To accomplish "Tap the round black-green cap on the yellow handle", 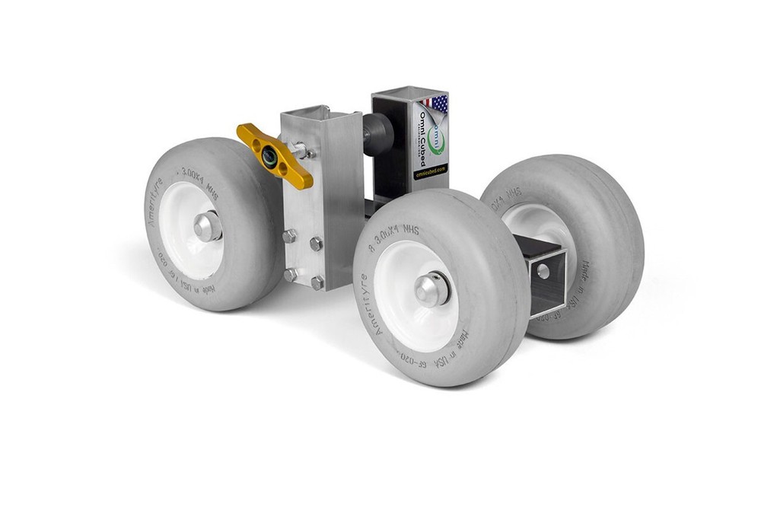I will (x=269, y=158).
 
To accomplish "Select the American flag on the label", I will (x=435, y=103).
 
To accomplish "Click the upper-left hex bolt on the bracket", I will (x=290, y=236).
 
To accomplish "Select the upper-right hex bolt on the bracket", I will (x=316, y=244).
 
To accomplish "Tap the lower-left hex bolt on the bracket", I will (x=291, y=274).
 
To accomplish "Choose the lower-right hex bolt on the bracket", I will (x=317, y=282).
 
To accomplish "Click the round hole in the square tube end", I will (x=543, y=271).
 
